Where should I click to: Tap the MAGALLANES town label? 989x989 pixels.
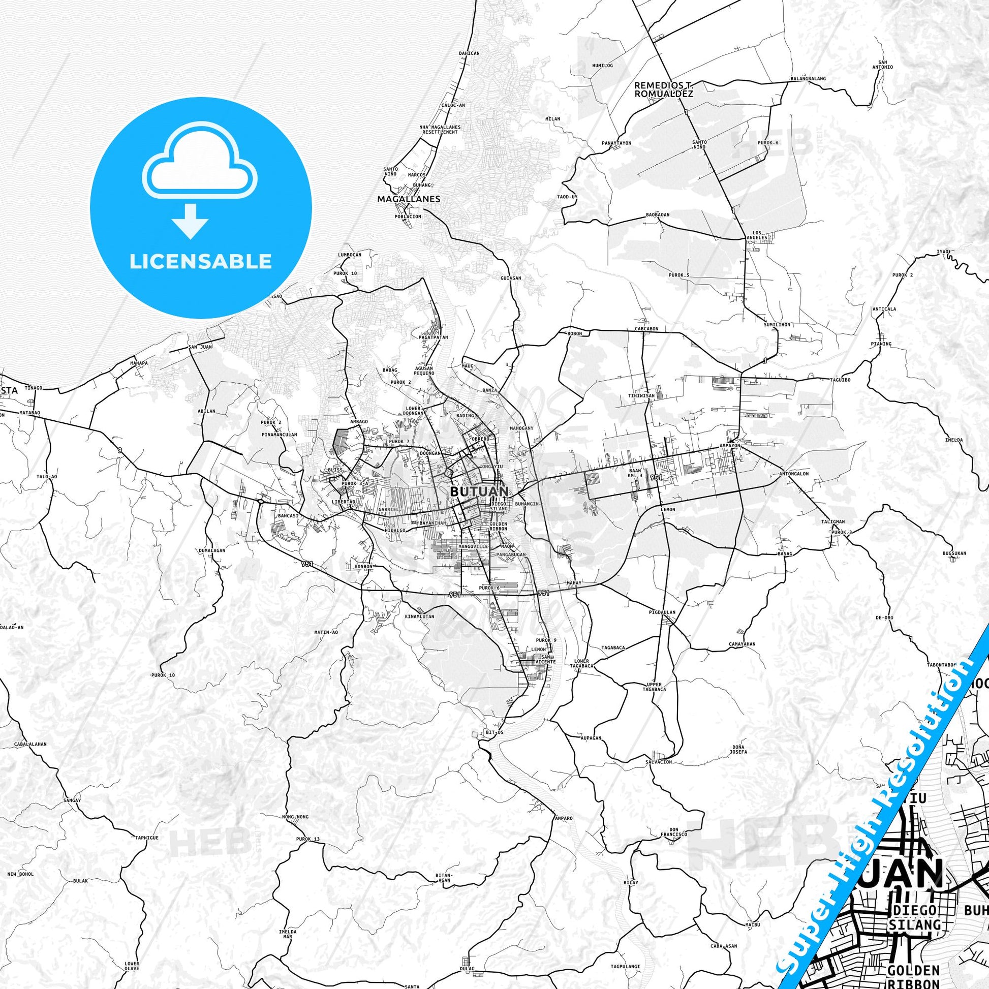(408, 199)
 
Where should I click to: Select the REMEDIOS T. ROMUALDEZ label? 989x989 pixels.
(663, 89)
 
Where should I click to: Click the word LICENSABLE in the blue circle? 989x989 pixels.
(201, 262)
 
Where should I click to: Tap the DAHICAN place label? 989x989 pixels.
(469, 53)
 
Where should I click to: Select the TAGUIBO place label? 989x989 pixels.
(840, 380)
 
